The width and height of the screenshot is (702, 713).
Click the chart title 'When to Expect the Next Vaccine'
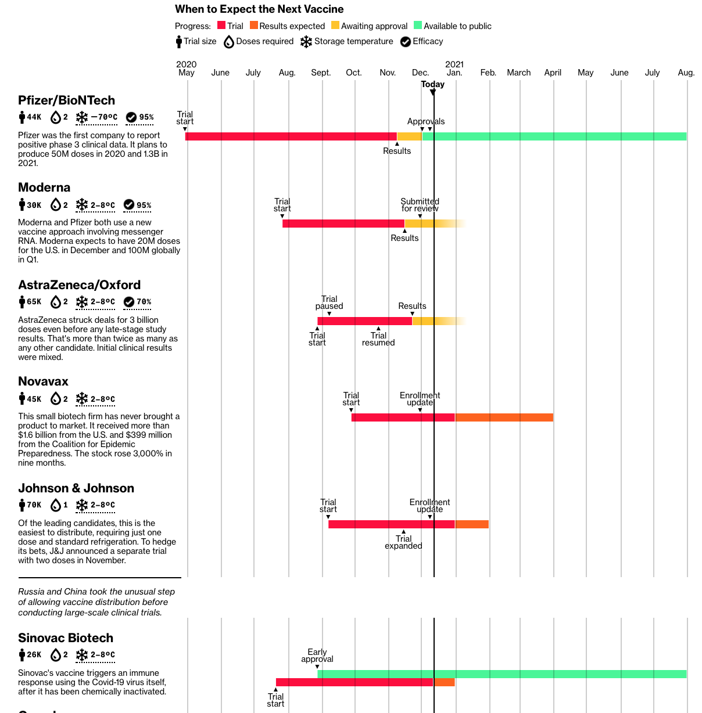(259, 9)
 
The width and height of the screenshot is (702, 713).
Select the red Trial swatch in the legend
(221, 26)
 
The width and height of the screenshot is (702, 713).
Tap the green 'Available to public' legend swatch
(418, 26)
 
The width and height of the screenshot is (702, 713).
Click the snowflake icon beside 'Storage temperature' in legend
(306, 42)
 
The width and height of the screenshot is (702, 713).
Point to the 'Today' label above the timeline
(432, 84)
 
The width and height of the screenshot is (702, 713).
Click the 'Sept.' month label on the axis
(321, 73)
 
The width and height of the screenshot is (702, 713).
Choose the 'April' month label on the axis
(553, 73)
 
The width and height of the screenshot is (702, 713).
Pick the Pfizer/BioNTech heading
(66, 100)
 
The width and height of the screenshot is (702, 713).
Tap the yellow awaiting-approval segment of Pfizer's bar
(409, 136)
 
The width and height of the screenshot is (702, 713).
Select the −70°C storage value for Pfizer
(104, 117)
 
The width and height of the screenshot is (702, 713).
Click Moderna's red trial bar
(343, 224)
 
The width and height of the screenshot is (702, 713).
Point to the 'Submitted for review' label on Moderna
(420, 205)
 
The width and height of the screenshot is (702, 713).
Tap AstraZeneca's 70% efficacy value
(144, 302)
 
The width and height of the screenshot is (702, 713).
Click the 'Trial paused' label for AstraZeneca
(329, 303)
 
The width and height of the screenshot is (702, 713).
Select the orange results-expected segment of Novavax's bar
(504, 417)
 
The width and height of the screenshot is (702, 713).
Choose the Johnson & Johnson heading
(76, 488)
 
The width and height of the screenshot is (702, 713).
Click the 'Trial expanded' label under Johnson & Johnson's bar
(403, 542)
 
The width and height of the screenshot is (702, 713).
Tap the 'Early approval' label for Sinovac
(317, 656)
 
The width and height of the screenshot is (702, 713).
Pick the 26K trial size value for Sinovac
(34, 655)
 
